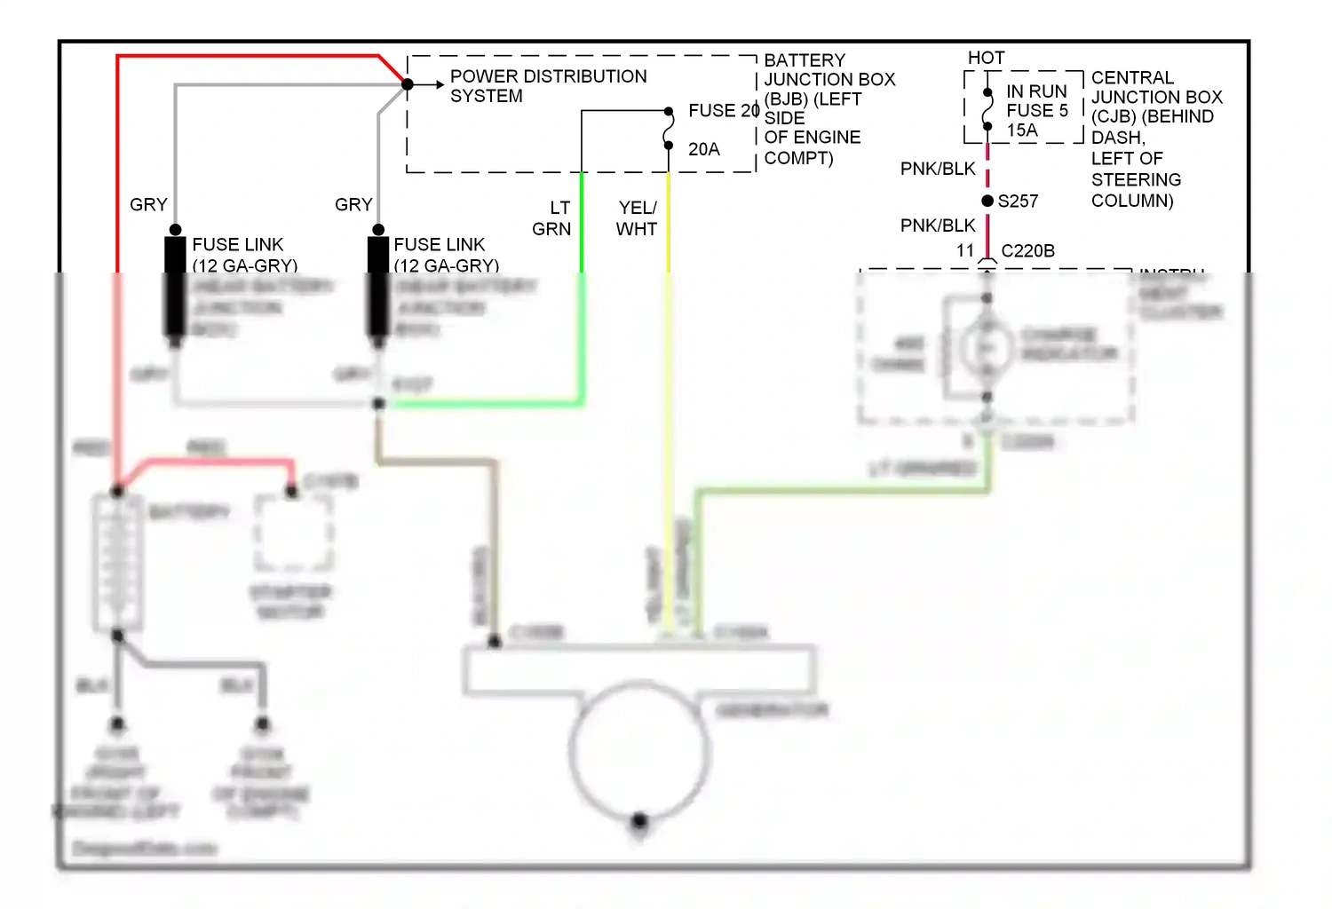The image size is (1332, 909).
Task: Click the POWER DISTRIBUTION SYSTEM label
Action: point(548,86)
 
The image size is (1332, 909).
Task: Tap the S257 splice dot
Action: point(987,202)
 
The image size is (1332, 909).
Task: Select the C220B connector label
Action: point(1027,251)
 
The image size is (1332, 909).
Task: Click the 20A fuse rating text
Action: point(703,150)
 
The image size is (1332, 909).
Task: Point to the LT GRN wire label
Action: point(551,218)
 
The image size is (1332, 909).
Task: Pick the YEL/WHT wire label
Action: point(637,218)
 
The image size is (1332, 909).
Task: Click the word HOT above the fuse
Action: point(986,58)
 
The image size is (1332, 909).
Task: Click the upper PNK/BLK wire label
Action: point(938,169)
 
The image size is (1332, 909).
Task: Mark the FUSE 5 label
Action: point(1036,111)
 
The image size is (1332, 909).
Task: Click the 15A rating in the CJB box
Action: point(1021,130)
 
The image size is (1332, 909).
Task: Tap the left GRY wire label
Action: point(148,205)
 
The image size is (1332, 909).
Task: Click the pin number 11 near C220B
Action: point(965,251)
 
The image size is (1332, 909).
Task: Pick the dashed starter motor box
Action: point(293,533)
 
